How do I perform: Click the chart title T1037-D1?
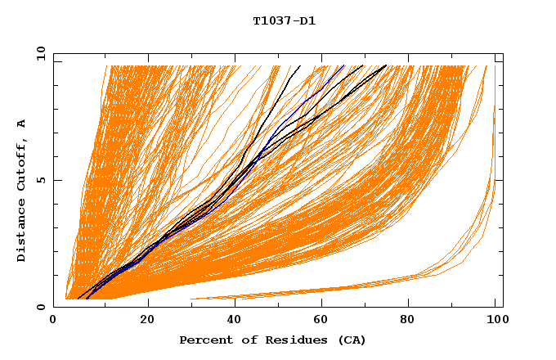point(284,21)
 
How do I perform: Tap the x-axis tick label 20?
point(146,319)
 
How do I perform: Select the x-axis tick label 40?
point(235,319)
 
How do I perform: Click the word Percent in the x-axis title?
point(202,340)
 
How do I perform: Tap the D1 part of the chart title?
point(307,21)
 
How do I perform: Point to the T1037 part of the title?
point(270,21)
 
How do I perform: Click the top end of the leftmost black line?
point(300,65)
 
